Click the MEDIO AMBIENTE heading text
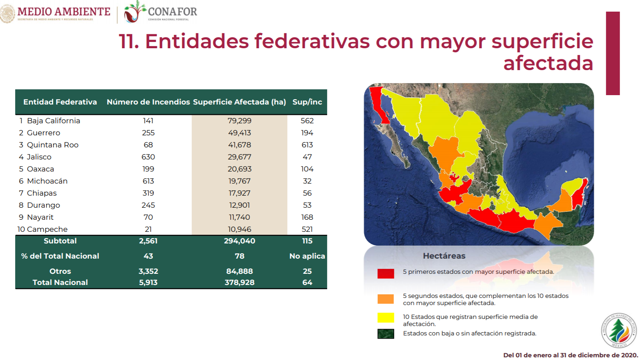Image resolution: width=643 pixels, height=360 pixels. click(x=64, y=12)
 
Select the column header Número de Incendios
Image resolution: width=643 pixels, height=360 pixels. click(x=148, y=102)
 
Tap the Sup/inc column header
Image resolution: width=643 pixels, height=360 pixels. click(x=307, y=102)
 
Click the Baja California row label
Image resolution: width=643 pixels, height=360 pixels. click(x=53, y=121)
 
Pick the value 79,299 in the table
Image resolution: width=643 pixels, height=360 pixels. click(x=240, y=121)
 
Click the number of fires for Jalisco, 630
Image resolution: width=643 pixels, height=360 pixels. click(x=148, y=157)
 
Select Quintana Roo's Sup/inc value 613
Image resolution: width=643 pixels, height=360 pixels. click(x=307, y=145)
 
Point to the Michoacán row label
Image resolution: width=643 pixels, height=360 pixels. click(x=47, y=181)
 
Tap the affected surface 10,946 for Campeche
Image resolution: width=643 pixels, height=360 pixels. click(x=240, y=229)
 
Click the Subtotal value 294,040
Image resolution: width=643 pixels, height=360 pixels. click(x=240, y=241)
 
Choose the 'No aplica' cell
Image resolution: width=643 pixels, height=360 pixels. click(x=307, y=256)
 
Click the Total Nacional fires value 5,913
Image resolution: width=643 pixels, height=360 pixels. click(x=148, y=283)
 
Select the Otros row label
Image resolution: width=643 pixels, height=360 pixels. click(x=60, y=272)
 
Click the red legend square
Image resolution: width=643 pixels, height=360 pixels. click(x=386, y=274)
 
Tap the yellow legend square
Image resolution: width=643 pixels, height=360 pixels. click(x=386, y=318)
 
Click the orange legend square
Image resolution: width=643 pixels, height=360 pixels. click(x=386, y=299)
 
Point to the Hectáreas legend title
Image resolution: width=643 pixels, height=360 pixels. click(x=444, y=256)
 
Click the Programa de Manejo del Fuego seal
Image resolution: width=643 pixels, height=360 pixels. click(x=619, y=331)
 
